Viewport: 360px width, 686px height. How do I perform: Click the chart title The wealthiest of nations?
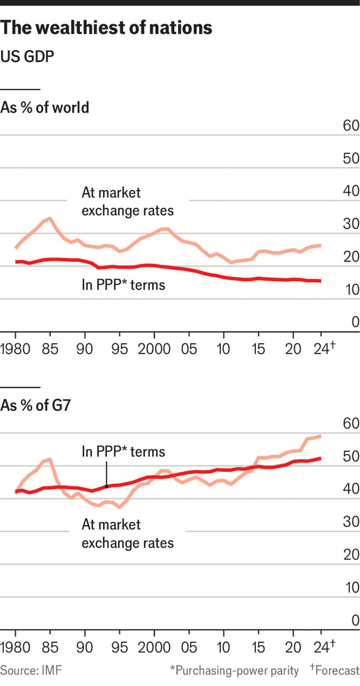[107, 28]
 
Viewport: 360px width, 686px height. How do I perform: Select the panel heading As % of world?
[45, 108]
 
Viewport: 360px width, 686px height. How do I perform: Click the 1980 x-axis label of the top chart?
[15, 347]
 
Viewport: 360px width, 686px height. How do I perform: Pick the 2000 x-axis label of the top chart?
[154, 347]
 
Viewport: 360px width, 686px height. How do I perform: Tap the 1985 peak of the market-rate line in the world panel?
[51, 218]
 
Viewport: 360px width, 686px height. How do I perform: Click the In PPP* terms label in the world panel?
[123, 285]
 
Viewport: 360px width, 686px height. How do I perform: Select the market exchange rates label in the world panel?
[127, 202]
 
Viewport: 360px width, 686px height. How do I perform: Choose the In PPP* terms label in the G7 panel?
[123, 452]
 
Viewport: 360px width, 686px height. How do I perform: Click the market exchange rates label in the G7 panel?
[127, 533]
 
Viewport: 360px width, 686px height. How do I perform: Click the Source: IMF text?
[31, 671]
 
